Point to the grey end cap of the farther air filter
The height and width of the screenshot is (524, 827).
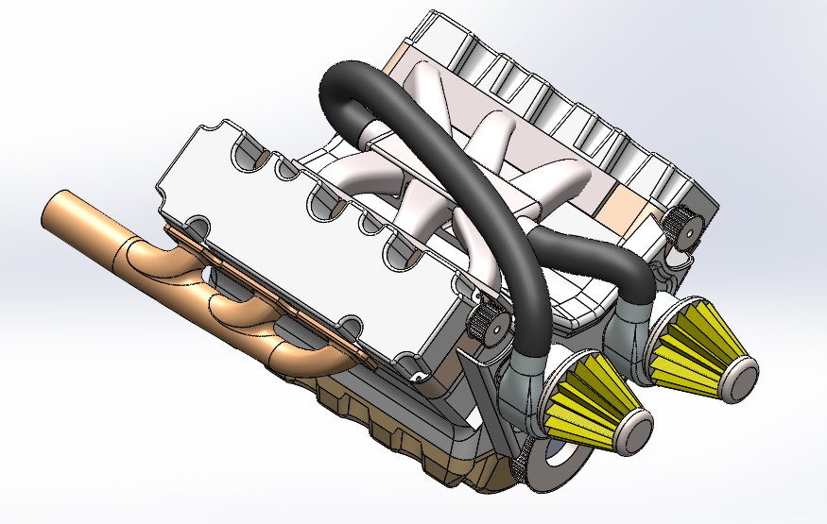[x=742, y=374]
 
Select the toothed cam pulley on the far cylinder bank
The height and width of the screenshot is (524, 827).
[x=682, y=228]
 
